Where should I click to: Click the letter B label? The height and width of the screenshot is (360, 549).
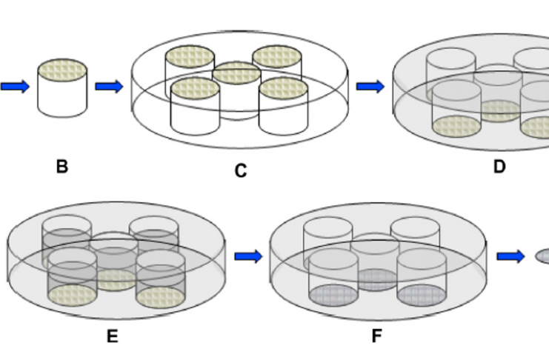[x=62, y=167]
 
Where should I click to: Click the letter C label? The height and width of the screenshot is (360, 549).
[x=241, y=171]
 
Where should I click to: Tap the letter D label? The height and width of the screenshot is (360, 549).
[x=499, y=167]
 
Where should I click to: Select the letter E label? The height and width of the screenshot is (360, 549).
[x=112, y=336]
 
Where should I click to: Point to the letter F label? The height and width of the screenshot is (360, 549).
[x=376, y=336]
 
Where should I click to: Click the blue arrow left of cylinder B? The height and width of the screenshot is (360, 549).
[x=15, y=86]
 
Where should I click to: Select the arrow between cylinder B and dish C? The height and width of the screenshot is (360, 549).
[x=109, y=86]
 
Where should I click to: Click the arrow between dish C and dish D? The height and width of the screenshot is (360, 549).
[x=370, y=86]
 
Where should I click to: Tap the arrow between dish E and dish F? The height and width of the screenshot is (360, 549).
[x=248, y=256]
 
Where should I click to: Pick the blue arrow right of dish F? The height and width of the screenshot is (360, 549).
[x=510, y=256]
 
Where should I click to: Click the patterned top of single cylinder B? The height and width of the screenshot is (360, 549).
[x=62, y=70]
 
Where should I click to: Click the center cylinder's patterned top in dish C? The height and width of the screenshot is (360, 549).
[x=236, y=73]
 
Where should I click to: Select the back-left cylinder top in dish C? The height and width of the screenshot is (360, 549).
[x=190, y=56]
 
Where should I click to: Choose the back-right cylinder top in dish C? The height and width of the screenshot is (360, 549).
[x=277, y=56]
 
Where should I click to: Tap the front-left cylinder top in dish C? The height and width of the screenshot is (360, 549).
[x=196, y=88]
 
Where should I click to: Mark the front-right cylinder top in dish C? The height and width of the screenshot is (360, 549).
[x=283, y=88]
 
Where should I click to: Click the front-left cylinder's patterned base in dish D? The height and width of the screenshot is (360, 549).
[x=456, y=127]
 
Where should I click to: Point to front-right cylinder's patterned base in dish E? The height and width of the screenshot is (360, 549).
[x=160, y=297]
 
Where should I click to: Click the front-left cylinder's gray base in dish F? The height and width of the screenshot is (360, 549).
[x=333, y=296]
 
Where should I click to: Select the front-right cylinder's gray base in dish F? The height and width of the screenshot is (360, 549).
[x=422, y=296]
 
